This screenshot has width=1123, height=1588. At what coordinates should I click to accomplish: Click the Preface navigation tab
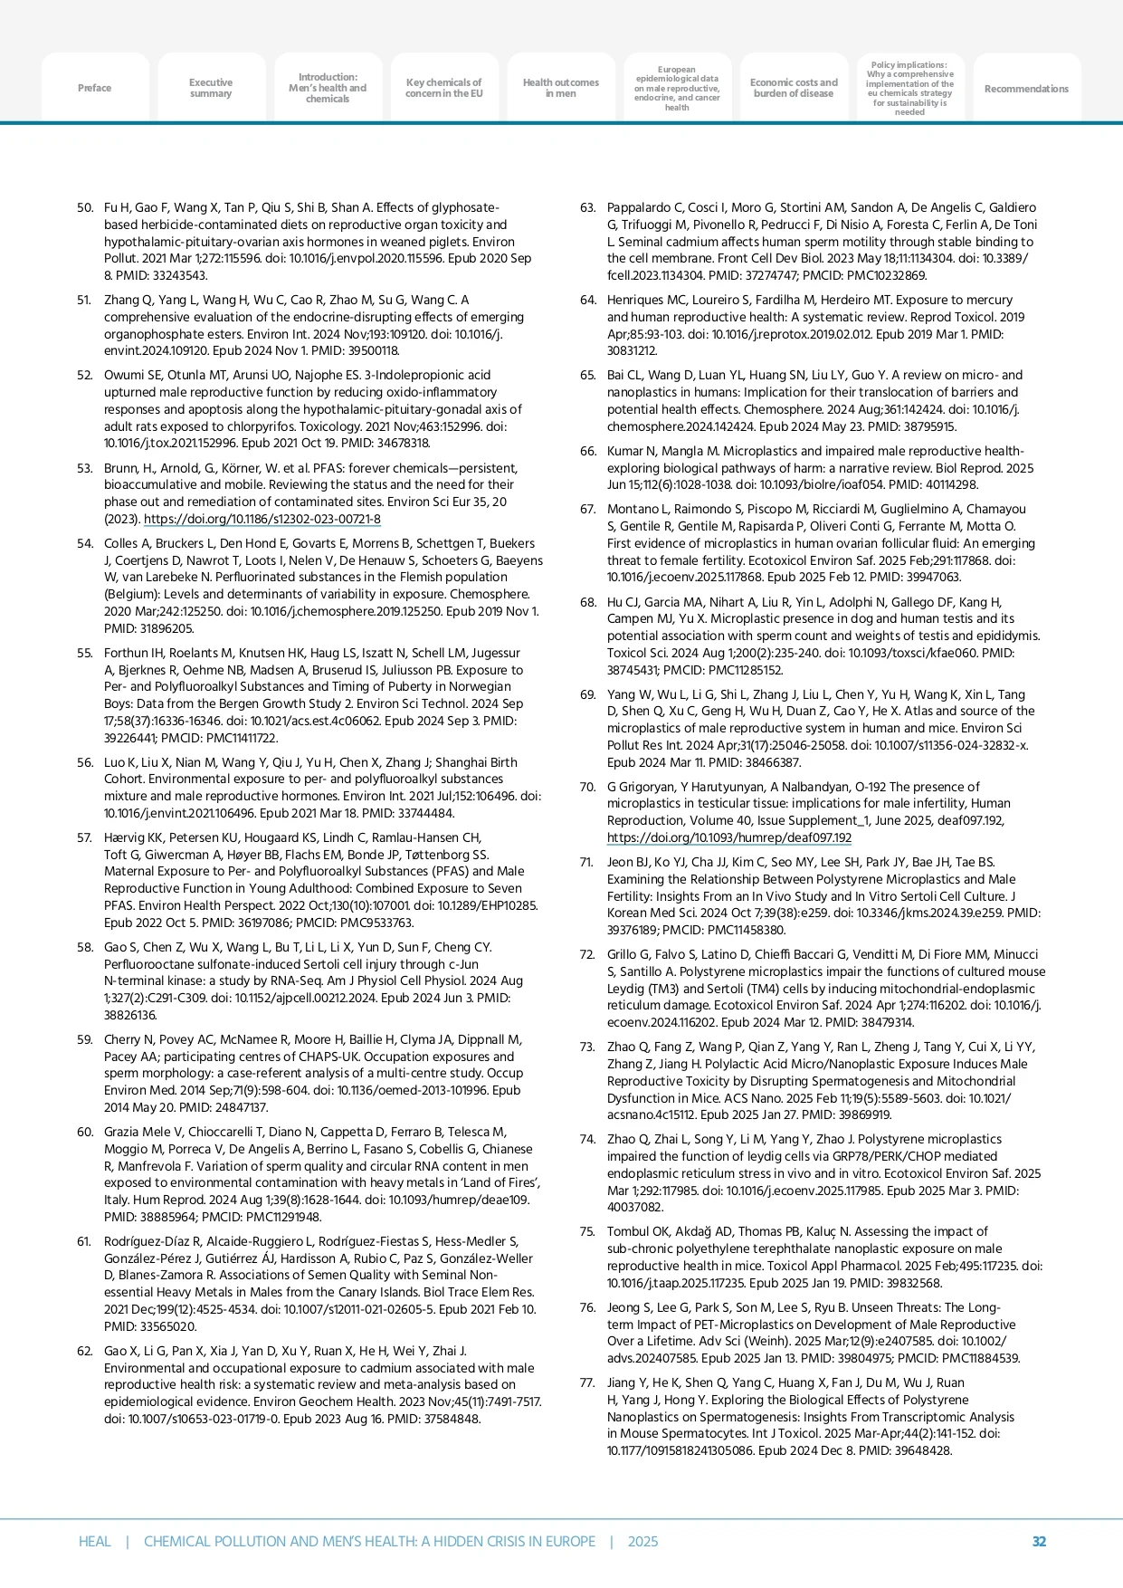click(x=94, y=88)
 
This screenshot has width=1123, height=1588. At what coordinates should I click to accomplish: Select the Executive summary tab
click(x=211, y=88)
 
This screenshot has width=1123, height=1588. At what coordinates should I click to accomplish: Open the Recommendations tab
click(x=1026, y=89)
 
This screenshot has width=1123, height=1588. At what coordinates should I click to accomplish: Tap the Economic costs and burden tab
click(x=794, y=88)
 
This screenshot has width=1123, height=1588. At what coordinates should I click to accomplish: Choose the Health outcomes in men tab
click(x=560, y=88)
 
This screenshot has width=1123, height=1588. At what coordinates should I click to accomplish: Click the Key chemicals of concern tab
click(x=443, y=88)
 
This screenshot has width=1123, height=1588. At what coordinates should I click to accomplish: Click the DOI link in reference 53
click(x=262, y=520)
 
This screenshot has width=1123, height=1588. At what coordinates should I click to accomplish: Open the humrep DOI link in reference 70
click(x=728, y=837)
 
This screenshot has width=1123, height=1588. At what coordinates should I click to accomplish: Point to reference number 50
click(x=85, y=208)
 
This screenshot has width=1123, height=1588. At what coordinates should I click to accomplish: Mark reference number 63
click(x=588, y=208)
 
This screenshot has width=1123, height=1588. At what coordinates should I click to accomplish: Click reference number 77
click(x=588, y=1382)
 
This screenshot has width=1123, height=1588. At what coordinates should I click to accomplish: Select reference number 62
click(x=85, y=1351)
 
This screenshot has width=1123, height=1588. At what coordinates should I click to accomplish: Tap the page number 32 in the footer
click(x=1039, y=1541)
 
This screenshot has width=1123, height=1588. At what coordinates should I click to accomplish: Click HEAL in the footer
click(x=94, y=1541)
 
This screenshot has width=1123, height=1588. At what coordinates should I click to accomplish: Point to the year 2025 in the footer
click(x=642, y=1541)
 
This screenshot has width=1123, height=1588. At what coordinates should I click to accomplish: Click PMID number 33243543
click(x=179, y=275)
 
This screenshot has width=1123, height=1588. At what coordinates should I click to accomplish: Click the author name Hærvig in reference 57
click(x=125, y=837)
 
